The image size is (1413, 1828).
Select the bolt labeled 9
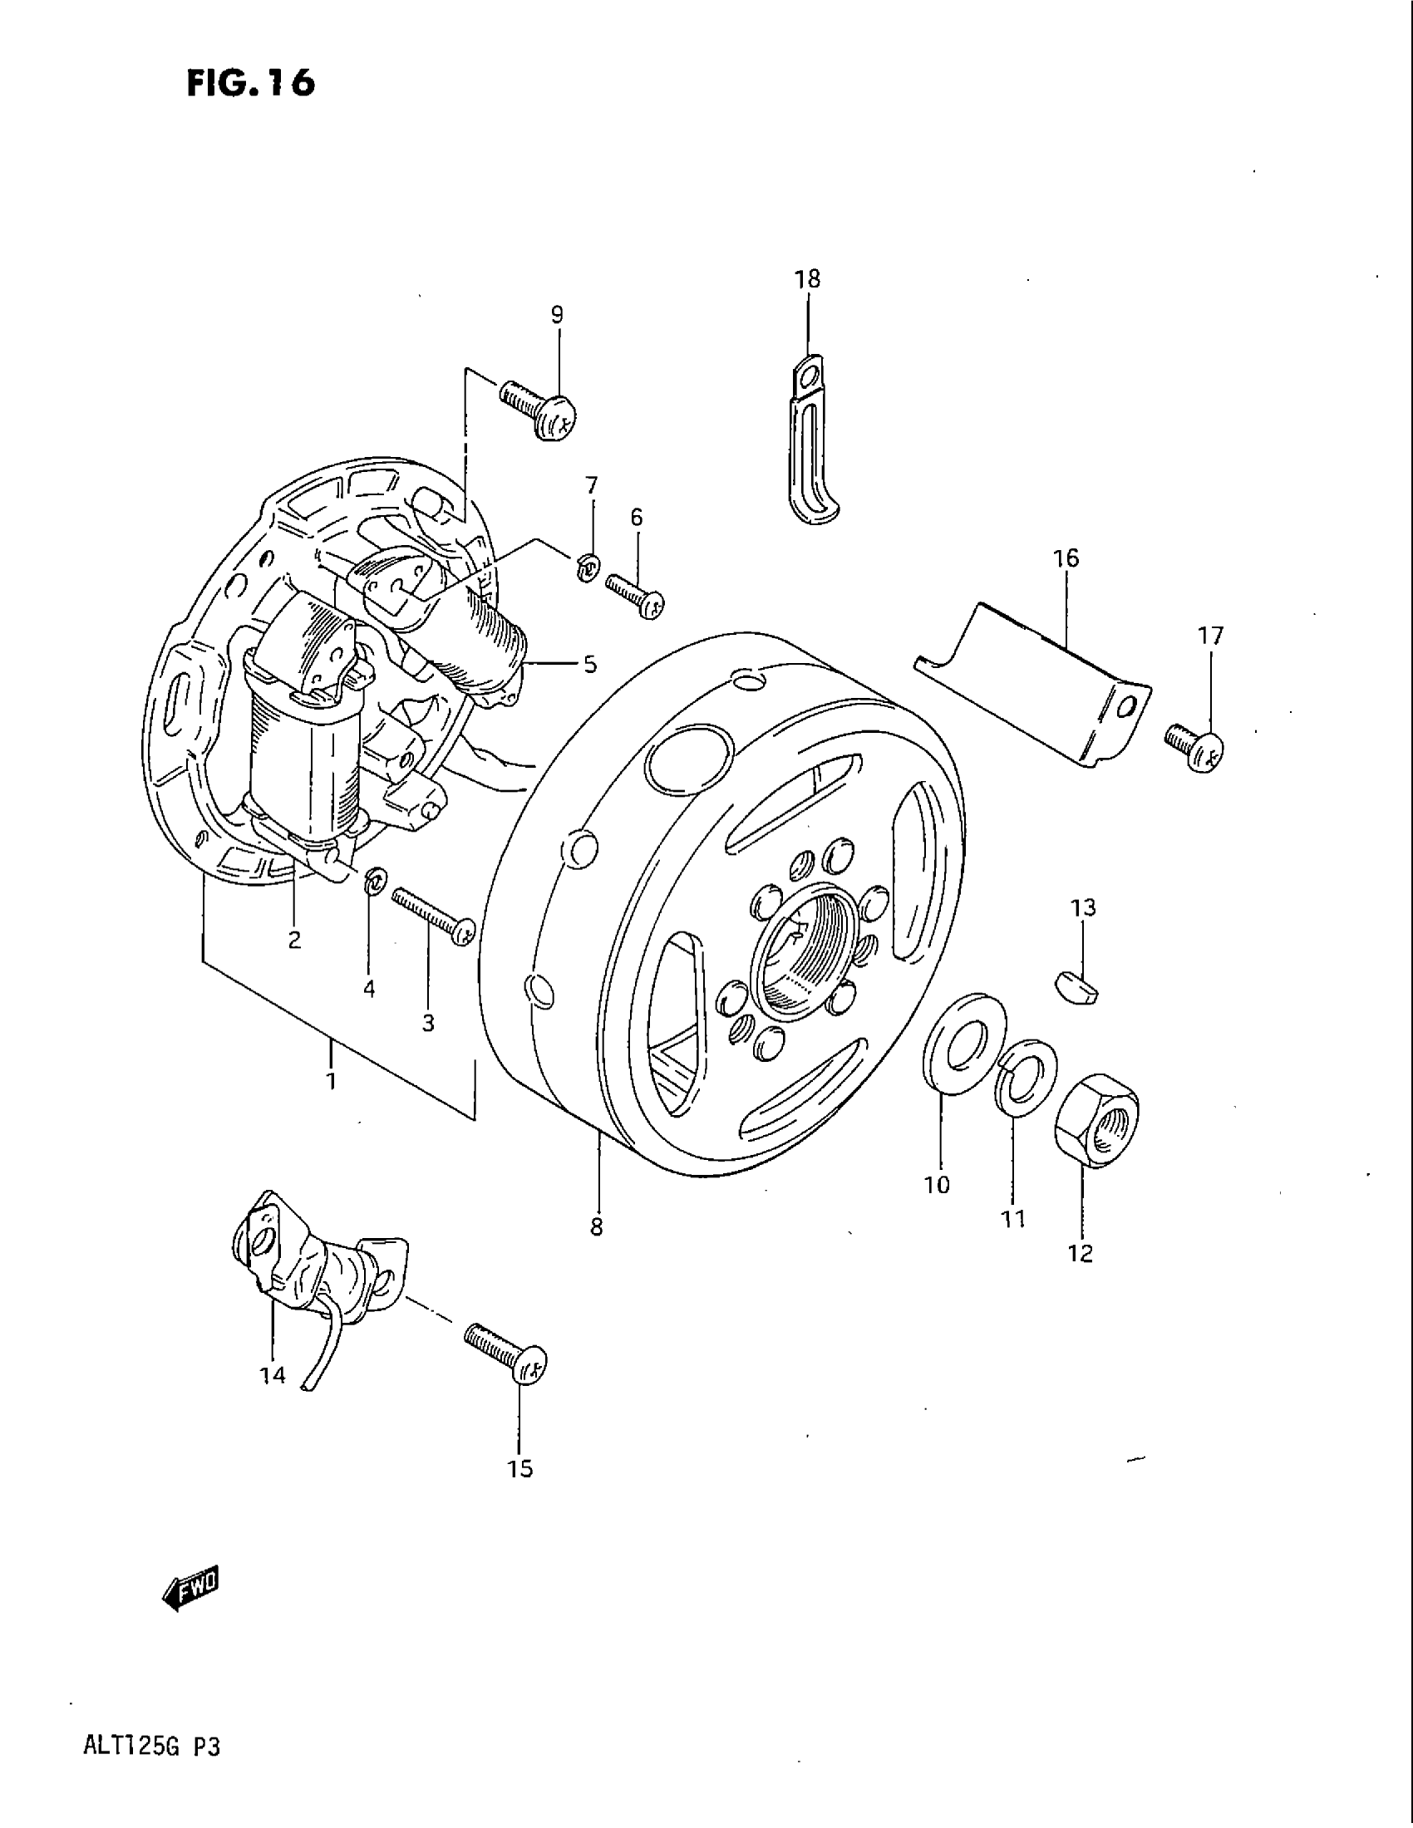point(541,411)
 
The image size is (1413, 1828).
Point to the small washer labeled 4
point(375,882)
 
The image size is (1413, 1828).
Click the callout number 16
point(1066,558)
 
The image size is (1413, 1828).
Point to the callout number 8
point(596,1228)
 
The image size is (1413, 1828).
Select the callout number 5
point(590,665)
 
